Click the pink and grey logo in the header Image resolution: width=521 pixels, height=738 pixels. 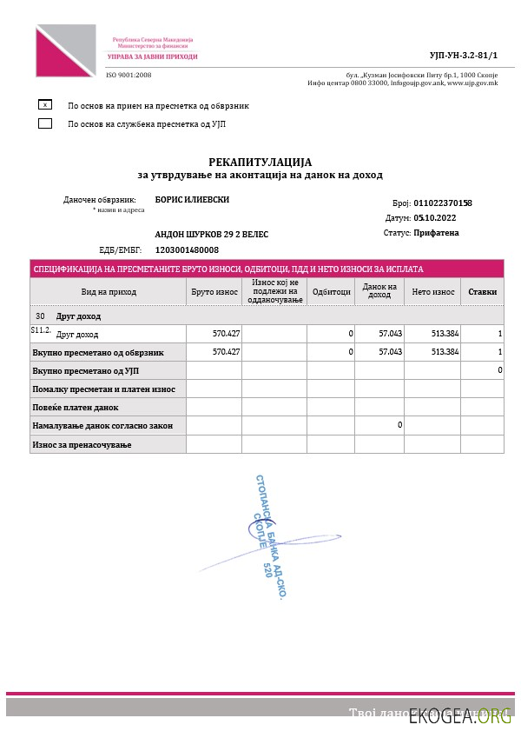[x=65, y=50]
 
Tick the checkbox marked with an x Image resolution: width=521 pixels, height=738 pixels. [x=45, y=104]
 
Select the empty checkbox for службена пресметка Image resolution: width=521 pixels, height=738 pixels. [x=45, y=123]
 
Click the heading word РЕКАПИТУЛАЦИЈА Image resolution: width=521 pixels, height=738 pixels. [x=260, y=162]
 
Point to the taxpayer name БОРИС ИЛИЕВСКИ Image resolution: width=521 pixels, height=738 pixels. [x=192, y=199]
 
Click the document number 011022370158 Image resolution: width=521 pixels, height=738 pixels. [x=443, y=203]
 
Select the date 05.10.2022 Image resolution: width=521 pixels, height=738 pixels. [x=435, y=218]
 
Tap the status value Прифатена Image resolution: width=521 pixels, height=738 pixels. [x=437, y=233]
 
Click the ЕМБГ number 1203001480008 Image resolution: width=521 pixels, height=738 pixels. [x=187, y=249]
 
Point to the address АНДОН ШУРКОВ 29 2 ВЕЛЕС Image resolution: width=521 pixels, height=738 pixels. [x=212, y=234]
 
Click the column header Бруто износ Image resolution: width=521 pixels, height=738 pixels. [x=214, y=292]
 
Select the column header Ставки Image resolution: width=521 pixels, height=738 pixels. [x=482, y=292]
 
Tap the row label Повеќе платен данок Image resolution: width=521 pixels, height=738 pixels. [x=76, y=407]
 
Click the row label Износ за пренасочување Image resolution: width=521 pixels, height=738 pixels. [x=82, y=444]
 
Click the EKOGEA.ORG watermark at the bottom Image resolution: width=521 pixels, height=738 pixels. [x=461, y=715]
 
